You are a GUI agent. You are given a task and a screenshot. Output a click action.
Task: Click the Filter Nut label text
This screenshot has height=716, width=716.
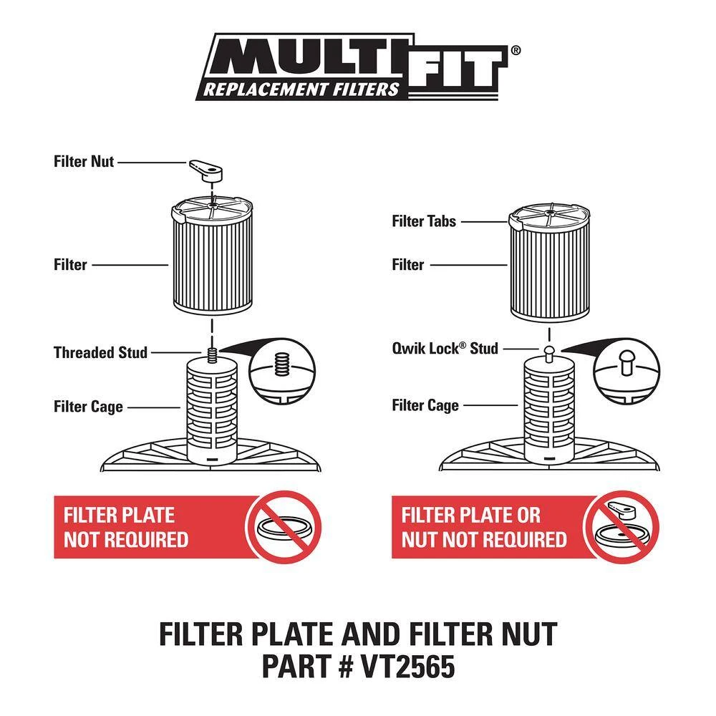pyautogui.click(x=84, y=162)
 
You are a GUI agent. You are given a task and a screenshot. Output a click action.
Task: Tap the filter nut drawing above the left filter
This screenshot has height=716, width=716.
pyautogui.click(x=206, y=170)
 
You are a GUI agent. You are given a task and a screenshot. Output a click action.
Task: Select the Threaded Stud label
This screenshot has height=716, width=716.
pyautogui.click(x=100, y=352)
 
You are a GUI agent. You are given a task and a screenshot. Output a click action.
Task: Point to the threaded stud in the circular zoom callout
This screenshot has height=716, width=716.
pyautogui.click(x=282, y=365)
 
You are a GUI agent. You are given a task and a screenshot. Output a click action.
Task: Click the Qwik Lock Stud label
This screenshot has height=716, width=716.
pyautogui.click(x=445, y=349)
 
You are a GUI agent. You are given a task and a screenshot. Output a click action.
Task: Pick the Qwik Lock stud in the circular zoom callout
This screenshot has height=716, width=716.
pyautogui.click(x=626, y=362)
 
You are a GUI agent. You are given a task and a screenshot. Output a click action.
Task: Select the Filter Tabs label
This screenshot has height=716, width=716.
pyautogui.click(x=424, y=221)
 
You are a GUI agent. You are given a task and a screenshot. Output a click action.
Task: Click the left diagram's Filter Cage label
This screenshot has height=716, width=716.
pyautogui.click(x=88, y=407)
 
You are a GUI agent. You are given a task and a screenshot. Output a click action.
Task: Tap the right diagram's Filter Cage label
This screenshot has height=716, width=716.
pyautogui.click(x=425, y=405)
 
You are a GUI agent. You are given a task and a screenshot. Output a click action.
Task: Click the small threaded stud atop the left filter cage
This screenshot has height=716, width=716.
pyautogui.click(x=211, y=355)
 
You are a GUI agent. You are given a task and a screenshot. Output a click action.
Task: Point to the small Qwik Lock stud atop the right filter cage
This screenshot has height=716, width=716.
pyautogui.click(x=549, y=352)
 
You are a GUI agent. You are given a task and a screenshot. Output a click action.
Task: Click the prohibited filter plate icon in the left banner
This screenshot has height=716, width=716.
pyautogui.click(x=284, y=527)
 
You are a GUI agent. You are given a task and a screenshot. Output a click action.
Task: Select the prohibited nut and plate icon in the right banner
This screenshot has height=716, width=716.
pyautogui.click(x=622, y=527)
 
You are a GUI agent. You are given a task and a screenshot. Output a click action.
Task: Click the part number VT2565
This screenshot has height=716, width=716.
pyautogui.click(x=407, y=666)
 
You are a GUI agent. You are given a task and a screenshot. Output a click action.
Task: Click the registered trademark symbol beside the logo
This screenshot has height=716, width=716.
pyautogui.click(x=515, y=50)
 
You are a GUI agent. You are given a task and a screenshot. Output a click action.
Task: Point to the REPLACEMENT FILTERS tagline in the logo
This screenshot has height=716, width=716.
pyautogui.click(x=301, y=89)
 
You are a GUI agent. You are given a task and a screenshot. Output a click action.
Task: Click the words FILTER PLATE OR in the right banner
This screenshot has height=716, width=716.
pyautogui.click(x=471, y=516)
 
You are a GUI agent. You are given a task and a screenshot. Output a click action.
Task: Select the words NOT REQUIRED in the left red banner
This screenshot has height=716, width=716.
pyautogui.click(x=126, y=540)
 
